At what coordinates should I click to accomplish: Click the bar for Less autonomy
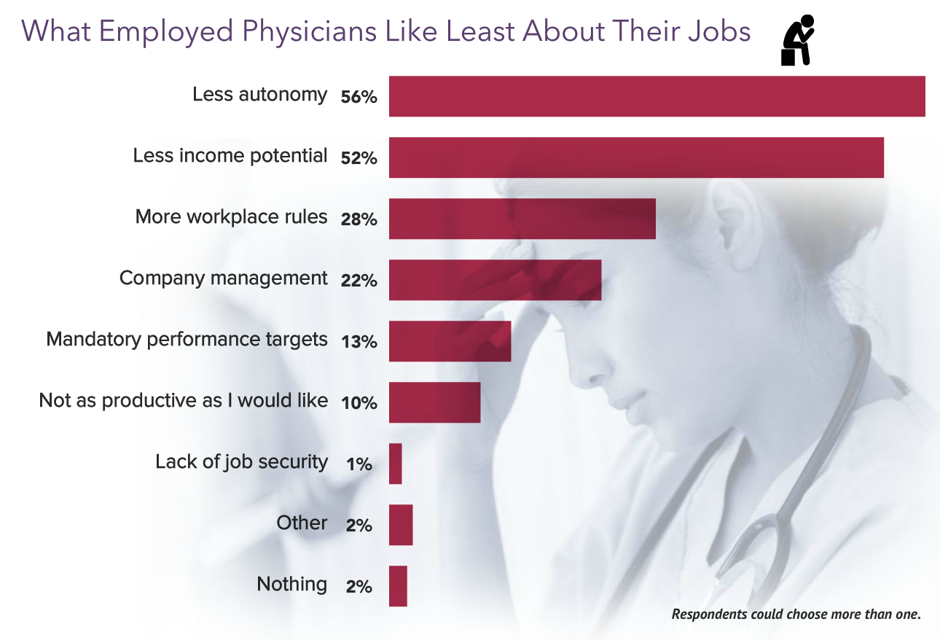(x=657, y=96)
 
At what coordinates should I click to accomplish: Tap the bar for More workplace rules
(x=522, y=219)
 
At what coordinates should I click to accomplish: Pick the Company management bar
(x=495, y=280)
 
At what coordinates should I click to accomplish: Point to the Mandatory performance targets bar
(x=450, y=341)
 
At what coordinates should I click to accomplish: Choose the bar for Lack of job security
(x=396, y=464)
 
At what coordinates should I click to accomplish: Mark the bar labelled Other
(x=401, y=525)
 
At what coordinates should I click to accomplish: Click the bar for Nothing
(x=398, y=586)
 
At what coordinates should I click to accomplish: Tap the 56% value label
(x=359, y=96)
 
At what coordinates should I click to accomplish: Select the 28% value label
(x=359, y=219)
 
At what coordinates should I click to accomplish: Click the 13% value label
(x=359, y=341)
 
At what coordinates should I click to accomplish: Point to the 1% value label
(x=359, y=464)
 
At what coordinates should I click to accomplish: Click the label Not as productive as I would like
(x=183, y=401)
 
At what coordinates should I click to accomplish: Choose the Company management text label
(x=223, y=278)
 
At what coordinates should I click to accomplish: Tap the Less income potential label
(x=230, y=155)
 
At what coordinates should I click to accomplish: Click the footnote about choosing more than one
(x=796, y=614)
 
